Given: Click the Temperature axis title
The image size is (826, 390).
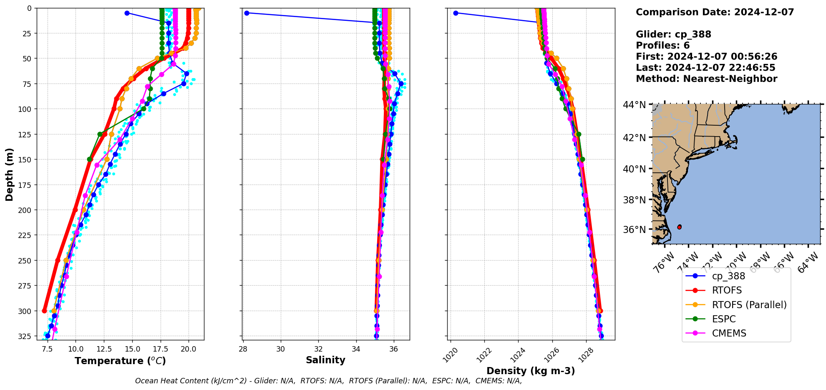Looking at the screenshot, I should (120, 361).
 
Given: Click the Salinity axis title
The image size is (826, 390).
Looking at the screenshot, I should (325, 360).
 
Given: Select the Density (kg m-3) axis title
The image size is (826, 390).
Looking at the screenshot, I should (531, 371).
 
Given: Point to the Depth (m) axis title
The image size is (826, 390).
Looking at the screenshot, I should (9, 174).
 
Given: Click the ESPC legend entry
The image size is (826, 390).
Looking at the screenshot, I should (723, 319).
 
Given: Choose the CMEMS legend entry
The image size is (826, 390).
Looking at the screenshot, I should (729, 333).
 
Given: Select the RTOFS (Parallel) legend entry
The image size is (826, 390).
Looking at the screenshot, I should (749, 305).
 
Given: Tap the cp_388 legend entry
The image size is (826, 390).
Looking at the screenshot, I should (728, 276).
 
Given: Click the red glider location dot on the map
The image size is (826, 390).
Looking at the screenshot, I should (680, 227).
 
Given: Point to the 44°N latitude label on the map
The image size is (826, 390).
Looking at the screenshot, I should (634, 105).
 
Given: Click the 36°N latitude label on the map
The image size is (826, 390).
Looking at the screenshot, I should (634, 230).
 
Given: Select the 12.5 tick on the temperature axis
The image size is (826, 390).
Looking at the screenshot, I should (104, 349).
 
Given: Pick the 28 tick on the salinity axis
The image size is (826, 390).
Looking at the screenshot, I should (243, 349).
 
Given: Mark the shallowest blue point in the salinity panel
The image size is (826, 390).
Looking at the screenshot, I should (247, 13).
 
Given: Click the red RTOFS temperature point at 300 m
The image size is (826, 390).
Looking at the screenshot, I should (45, 311).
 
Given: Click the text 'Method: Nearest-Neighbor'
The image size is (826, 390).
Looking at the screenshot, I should (706, 79).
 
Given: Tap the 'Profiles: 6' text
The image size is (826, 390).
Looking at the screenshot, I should (662, 46).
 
